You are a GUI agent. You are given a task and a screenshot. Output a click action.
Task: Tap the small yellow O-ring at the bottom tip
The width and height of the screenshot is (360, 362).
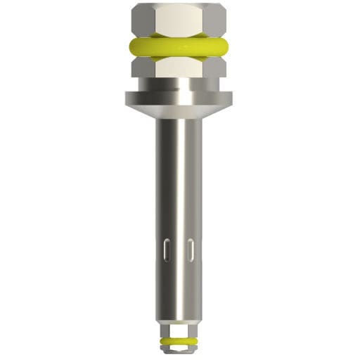[179, 341]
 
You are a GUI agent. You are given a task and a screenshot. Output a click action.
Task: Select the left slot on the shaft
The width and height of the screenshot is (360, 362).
[167, 250]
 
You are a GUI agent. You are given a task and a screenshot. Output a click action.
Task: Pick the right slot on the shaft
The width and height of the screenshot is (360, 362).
[191, 250]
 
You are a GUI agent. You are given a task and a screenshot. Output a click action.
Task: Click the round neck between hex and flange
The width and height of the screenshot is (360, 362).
[179, 85]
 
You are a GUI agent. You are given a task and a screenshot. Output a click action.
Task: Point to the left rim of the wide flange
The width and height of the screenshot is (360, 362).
[130, 98]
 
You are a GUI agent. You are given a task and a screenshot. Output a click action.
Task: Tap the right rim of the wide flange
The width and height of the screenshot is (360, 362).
[227, 98]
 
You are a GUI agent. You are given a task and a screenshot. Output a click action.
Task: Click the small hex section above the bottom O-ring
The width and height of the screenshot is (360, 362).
[179, 331]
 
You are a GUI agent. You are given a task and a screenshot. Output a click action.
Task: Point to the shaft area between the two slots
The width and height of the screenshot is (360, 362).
[179, 250]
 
